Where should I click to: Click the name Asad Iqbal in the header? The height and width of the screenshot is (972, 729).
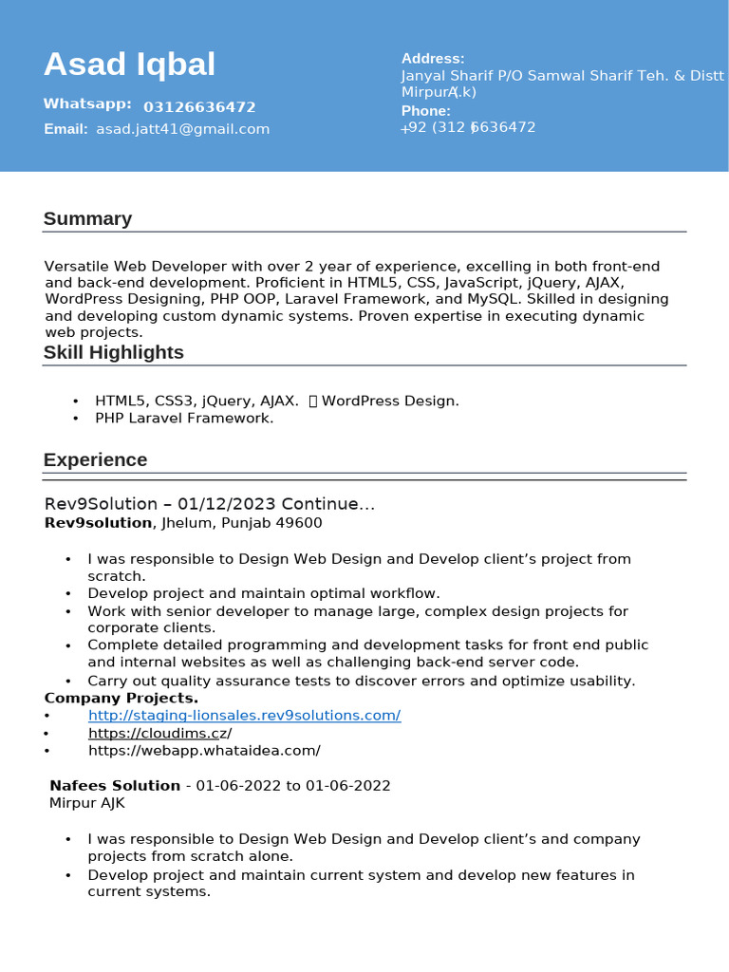coord(129,65)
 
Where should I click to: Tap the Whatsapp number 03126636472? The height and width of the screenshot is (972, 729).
coord(199,107)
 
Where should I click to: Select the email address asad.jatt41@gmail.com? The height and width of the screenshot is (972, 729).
coord(182,129)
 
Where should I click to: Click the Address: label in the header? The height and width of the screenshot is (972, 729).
coord(433,59)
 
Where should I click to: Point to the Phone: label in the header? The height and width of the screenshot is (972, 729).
coord(425,111)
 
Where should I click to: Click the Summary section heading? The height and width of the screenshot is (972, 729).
coord(87,219)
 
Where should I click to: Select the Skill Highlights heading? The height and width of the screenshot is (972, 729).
coord(113,353)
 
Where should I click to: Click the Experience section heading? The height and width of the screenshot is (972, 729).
coord(95,460)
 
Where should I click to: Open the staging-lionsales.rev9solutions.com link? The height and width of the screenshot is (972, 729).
coord(244,716)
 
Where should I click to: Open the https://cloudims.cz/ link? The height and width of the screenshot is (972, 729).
coord(159,734)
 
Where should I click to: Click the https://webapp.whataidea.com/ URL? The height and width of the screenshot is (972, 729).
coord(204,751)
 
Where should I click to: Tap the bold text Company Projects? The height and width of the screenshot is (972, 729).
coord(121,699)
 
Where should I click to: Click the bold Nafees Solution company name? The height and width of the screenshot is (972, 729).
coord(114,786)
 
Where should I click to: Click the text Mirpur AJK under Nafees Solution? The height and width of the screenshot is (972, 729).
coord(86,803)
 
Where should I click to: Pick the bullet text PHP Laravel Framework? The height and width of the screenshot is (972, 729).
coord(184,418)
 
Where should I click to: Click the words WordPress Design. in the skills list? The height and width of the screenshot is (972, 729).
coord(390,401)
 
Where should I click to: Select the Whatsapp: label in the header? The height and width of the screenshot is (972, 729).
coord(87,104)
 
